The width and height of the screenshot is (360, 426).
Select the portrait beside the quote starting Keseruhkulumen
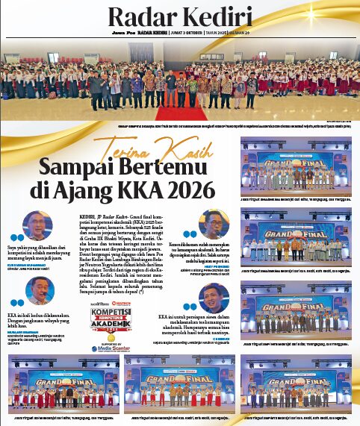[216, 226]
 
